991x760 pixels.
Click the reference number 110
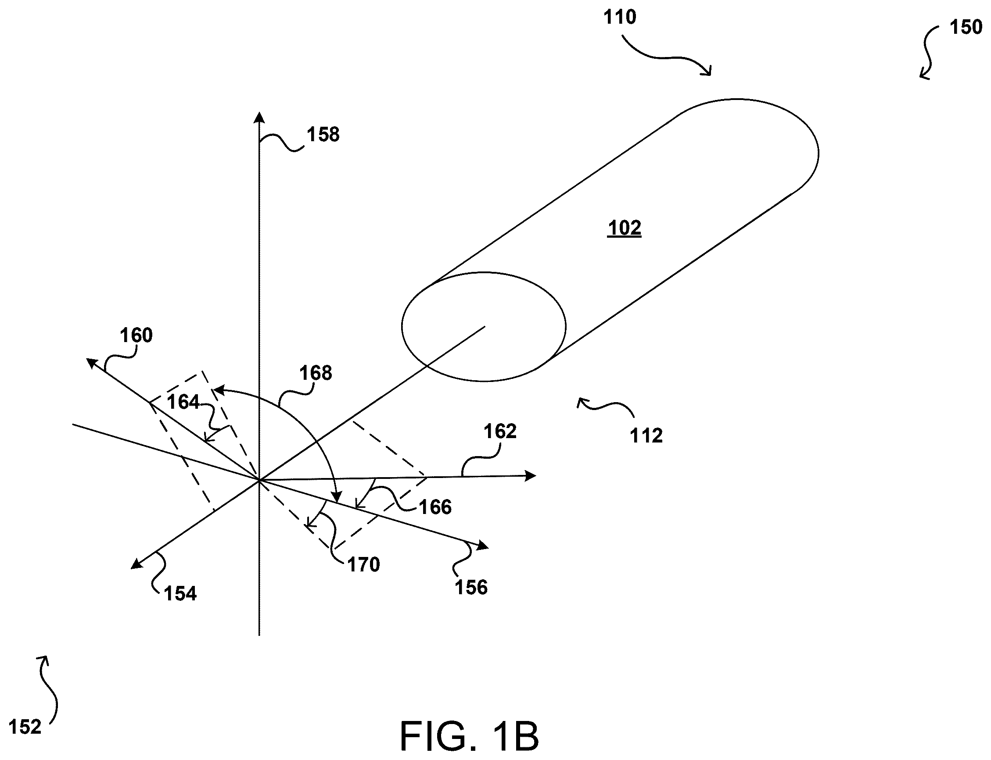coord(620,17)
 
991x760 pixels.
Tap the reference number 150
coord(966,27)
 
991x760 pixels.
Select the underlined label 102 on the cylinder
coord(625,228)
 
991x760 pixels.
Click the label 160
coord(136,335)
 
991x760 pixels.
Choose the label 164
coord(183,402)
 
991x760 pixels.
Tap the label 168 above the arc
coord(316,373)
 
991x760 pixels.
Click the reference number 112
coord(646,435)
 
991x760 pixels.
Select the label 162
coord(500,432)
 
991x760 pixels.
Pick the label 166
coord(435,507)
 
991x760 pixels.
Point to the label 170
coord(363,564)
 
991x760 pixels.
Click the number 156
coord(471,588)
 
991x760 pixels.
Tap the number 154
coord(181,593)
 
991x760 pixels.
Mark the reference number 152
coord(25,727)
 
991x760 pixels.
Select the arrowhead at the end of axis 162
coord(531,475)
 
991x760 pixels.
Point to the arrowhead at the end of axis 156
coord(484,546)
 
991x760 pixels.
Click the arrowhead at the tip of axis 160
coord(91,362)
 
